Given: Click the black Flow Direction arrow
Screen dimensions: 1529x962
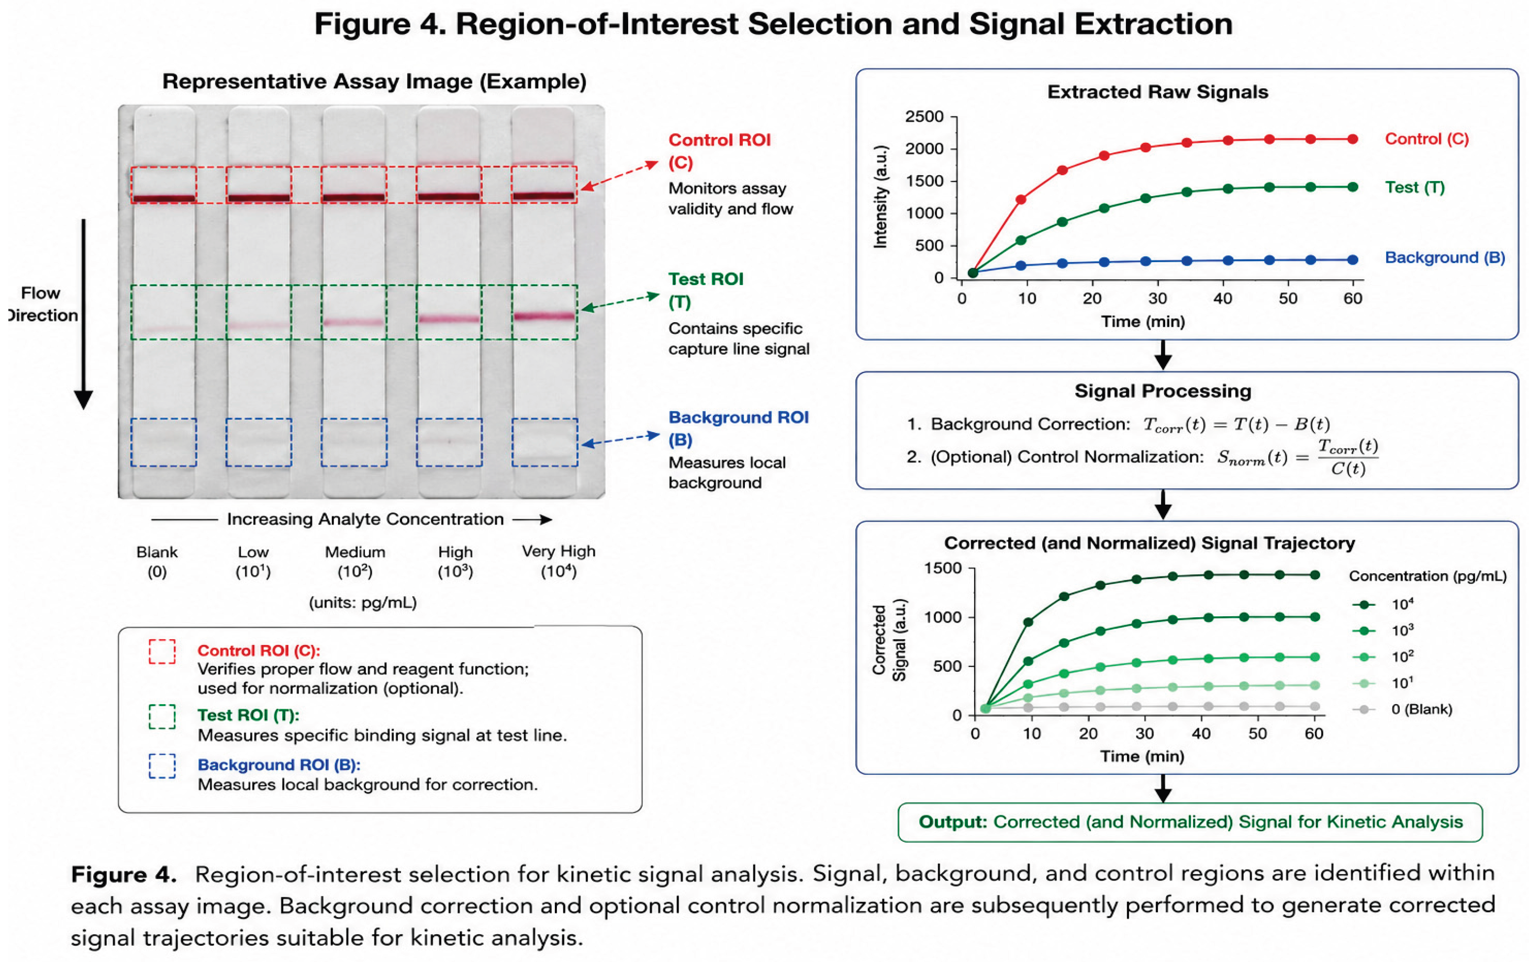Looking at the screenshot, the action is coord(83,314).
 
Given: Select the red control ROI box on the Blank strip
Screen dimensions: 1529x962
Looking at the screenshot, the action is coord(164,185).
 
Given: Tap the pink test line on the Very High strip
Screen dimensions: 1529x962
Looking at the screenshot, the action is coord(544,315).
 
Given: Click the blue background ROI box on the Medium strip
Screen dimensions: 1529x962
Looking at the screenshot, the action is coord(354,443).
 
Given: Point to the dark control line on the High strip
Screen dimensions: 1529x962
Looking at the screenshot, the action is coord(449,197).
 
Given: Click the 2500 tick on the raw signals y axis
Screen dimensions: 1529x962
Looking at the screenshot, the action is coord(924,117).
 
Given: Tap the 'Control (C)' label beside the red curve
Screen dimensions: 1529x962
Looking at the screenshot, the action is coord(1427,139).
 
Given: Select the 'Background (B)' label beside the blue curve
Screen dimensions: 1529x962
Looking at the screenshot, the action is coord(1445,258).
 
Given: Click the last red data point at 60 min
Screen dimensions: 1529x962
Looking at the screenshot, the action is coord(1353,139).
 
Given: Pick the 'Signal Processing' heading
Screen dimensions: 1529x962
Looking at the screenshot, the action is coord(1163,391).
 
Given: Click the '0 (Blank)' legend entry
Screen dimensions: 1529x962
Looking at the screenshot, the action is coord(1422,709).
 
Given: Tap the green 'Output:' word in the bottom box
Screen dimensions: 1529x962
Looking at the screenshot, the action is coord(953,822).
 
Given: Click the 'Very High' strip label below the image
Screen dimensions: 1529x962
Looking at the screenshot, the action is coord(559,551).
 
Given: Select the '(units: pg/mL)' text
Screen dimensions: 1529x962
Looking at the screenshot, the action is coord(363,602).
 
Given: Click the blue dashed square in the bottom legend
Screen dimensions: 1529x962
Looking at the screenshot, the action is coord(162,766).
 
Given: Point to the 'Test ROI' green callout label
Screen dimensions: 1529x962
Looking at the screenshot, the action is coord(706,279).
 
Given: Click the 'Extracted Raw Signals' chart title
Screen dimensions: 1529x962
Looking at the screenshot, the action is coord(1157,92).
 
